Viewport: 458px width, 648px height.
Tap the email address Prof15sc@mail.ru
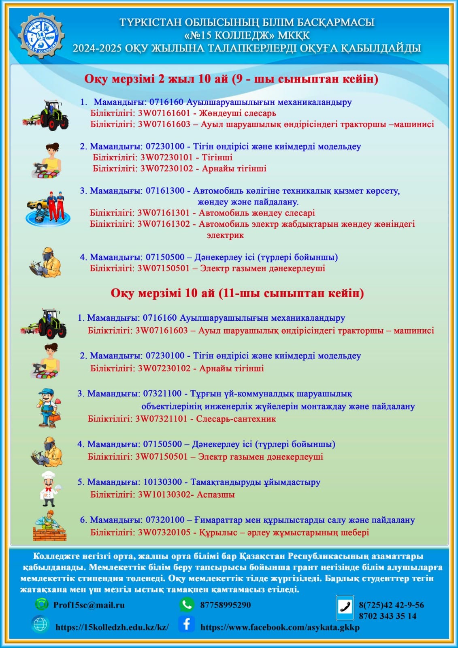[89, 605]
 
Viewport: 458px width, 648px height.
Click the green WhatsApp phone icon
[186, 605]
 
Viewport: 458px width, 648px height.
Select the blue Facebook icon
[186, 624]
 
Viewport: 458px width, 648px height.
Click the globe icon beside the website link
[40, 624]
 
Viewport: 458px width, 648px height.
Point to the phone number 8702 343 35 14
[388, 616]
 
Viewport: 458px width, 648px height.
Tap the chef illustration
[49, 489]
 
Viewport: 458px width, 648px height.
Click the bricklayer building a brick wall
[49, 526]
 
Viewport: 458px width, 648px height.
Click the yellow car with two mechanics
[47, 208]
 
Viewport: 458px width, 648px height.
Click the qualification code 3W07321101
[161, 419]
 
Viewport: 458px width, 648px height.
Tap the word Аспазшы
[215, 495]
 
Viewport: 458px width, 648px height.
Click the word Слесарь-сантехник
[236, 419]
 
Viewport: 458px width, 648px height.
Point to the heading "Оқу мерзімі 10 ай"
[162, 293]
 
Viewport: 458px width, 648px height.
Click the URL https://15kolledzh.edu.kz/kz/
[112, 627]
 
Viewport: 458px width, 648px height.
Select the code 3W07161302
[163, 224]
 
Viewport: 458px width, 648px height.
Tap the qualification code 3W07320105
[164, 532]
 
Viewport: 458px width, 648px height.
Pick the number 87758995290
[226, 605]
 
